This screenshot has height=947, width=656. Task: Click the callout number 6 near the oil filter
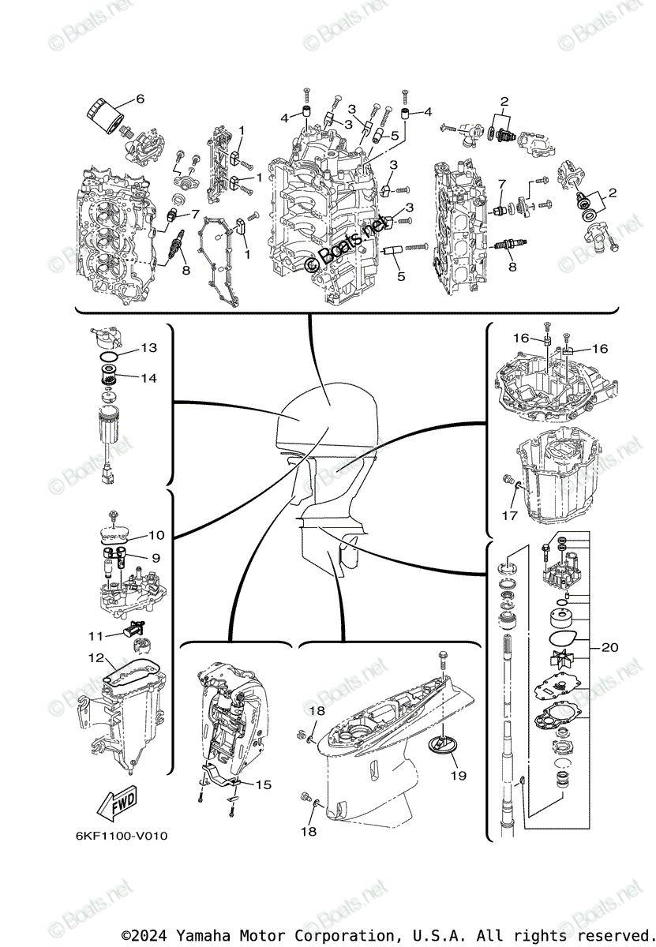[140, 99]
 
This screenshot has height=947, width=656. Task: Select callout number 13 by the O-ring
[149, 348]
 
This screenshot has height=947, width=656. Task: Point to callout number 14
[149, 378]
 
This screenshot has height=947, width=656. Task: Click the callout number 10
[156, 536]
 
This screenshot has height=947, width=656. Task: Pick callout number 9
[156, 557]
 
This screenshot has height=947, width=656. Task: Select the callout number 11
[95, 635]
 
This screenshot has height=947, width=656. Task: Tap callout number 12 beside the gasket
[95, 657]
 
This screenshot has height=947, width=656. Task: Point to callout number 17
[510, 515]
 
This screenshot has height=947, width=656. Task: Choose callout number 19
[458, 776]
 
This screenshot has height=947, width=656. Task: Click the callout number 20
[609, 648]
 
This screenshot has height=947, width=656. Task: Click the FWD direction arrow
[117, 803]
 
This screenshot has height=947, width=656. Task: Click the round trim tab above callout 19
[444, 743]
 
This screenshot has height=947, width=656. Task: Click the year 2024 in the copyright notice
[154, 935]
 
